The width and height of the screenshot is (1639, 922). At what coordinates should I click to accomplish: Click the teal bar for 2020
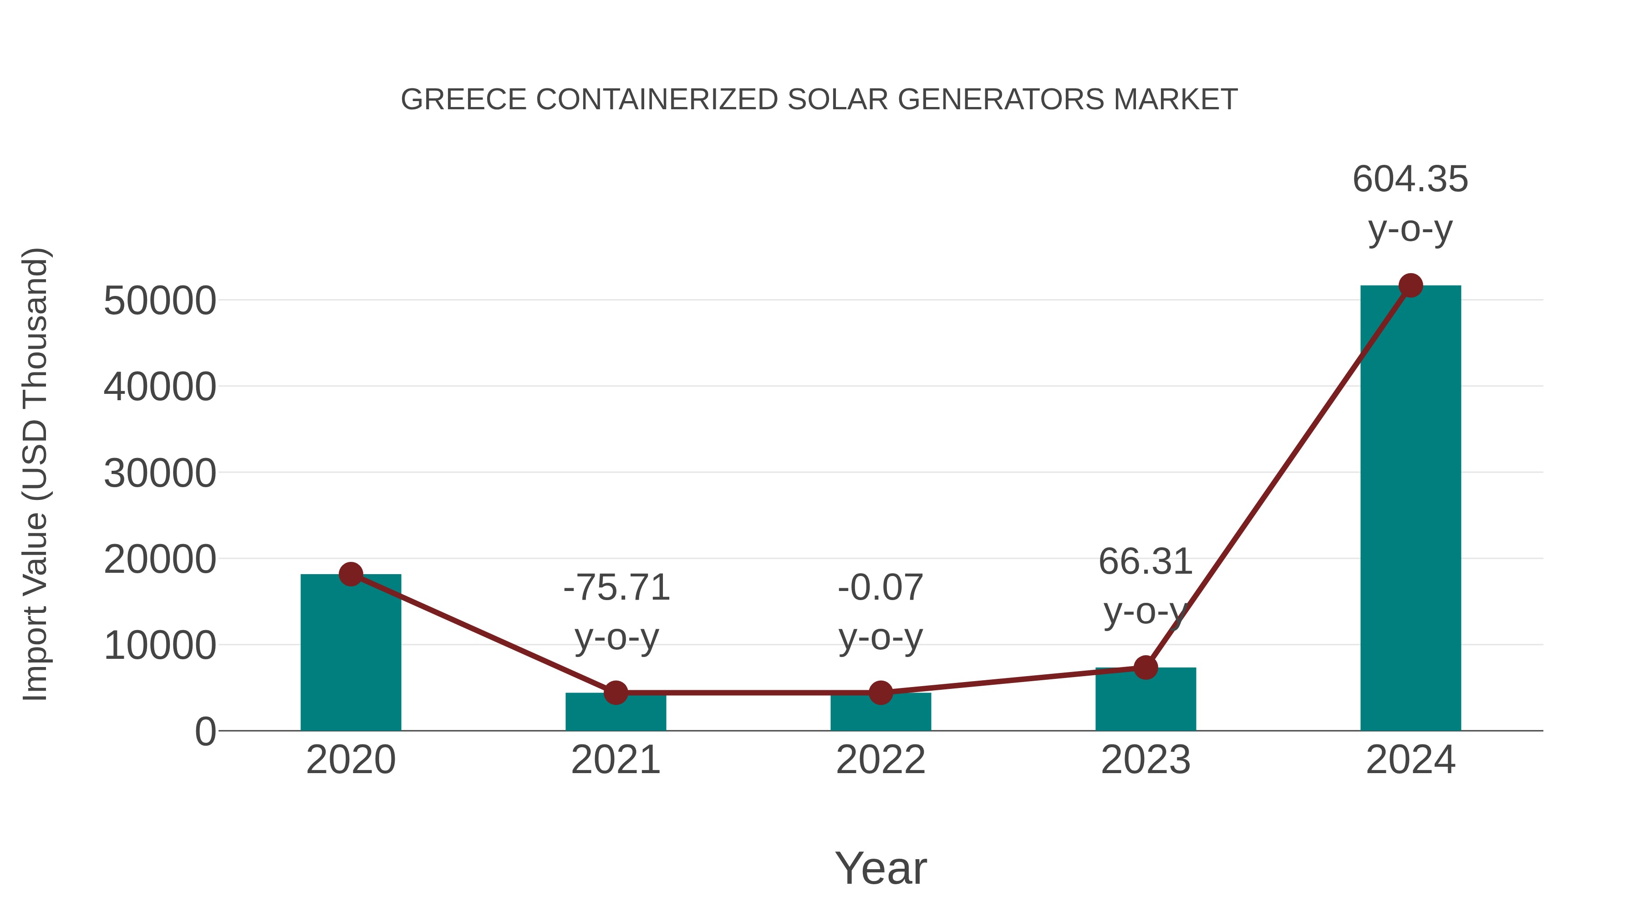351,655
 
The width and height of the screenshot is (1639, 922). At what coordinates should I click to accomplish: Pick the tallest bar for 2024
1410,509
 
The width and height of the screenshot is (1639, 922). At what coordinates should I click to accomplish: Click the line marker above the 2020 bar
351,574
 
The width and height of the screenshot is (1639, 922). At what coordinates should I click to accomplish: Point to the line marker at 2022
881,692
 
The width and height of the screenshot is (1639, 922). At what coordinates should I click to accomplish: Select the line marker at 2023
1145,667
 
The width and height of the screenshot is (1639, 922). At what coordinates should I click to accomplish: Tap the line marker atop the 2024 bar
1410,285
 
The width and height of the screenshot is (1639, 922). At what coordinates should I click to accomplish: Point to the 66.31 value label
1145,561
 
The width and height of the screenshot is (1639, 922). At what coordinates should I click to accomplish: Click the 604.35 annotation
1410,179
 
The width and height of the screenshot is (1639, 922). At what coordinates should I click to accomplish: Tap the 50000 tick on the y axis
160,301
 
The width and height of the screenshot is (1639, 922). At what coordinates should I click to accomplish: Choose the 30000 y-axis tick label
160,474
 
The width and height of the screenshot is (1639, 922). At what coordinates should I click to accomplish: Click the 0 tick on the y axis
205,732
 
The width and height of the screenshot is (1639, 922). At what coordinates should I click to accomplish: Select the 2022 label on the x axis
881,760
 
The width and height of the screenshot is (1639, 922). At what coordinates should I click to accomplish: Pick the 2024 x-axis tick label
1410,760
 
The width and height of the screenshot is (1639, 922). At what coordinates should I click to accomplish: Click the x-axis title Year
881,868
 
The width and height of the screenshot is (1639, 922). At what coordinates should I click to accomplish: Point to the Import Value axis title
35,474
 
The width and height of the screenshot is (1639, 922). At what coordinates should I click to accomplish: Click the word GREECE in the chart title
464,100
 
